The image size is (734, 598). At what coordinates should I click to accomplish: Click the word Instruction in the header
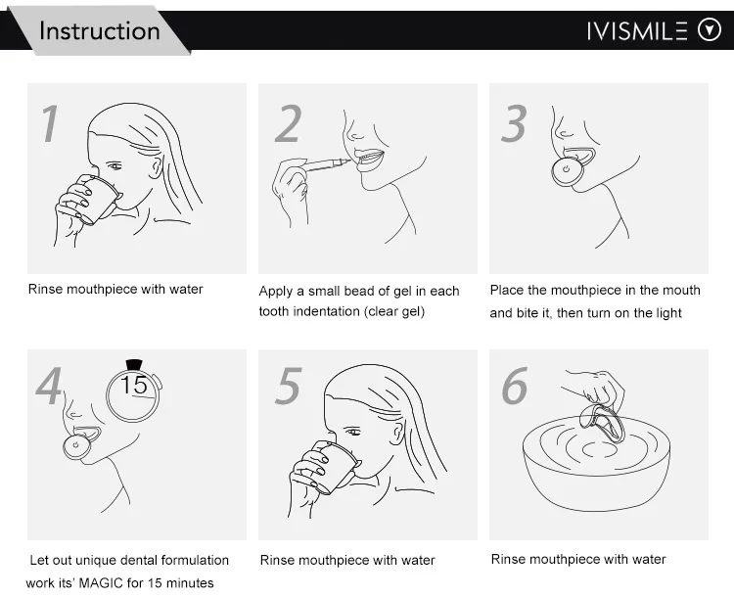click(99, 31)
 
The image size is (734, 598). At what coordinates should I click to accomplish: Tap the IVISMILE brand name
click(637, 31)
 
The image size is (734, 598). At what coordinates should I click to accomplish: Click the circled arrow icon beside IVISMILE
click(710, 30)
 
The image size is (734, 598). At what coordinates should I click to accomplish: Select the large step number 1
click(50, 122)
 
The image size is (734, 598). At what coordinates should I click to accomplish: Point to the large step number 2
click(288, 123)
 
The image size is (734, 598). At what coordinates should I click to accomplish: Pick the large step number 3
click(514, 123)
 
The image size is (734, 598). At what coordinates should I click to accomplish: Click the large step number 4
click(48, 386)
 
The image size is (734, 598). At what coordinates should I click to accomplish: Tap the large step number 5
click(289, 386)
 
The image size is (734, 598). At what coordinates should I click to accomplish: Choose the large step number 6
click(515, 386)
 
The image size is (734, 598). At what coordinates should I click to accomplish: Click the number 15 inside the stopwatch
click(133, 385)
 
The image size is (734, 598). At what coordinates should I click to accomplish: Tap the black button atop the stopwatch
click(134, 364)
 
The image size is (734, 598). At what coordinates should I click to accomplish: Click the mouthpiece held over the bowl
click(603, 423)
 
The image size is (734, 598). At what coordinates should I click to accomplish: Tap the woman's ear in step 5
click(398, 433)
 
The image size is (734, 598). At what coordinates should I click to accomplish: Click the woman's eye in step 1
click(114, 166)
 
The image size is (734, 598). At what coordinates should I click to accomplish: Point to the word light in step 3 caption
click(668, 313)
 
